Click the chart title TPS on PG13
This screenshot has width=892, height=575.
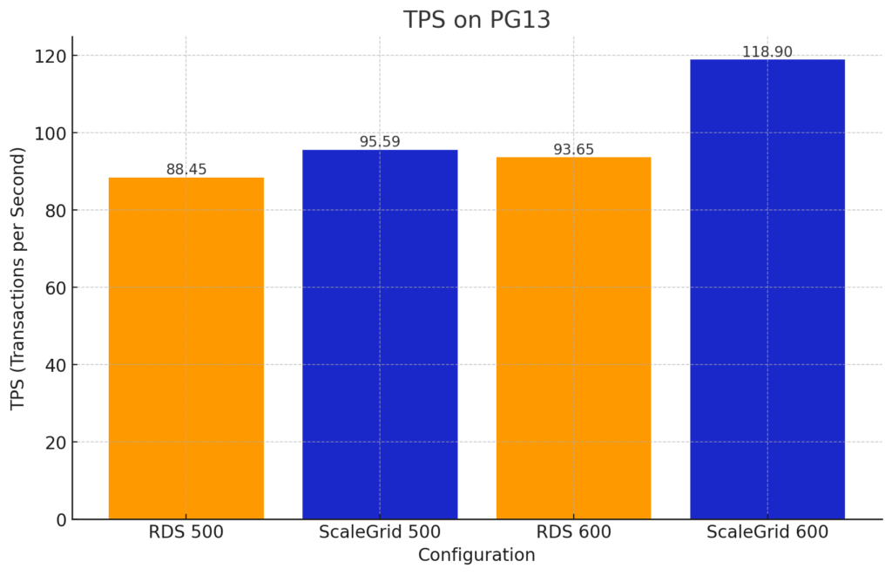(x=476, y=20)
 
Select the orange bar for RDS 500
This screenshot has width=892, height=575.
(x=186, y=348)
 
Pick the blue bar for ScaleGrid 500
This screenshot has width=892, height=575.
(x=380, y=335)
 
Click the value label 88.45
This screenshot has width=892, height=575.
(x=186, y=169)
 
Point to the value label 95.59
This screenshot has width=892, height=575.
(x=380, y=141)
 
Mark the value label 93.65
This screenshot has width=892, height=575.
(x=573, y=149)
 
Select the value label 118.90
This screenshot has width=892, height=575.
(x=767, y=51)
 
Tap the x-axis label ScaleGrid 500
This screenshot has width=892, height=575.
(x=380, y=531)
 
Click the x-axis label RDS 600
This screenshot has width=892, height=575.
(x=573, y=531)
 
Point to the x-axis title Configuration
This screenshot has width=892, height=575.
(x=476, y=555)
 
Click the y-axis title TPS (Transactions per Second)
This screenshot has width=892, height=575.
(x=18, y=279)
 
